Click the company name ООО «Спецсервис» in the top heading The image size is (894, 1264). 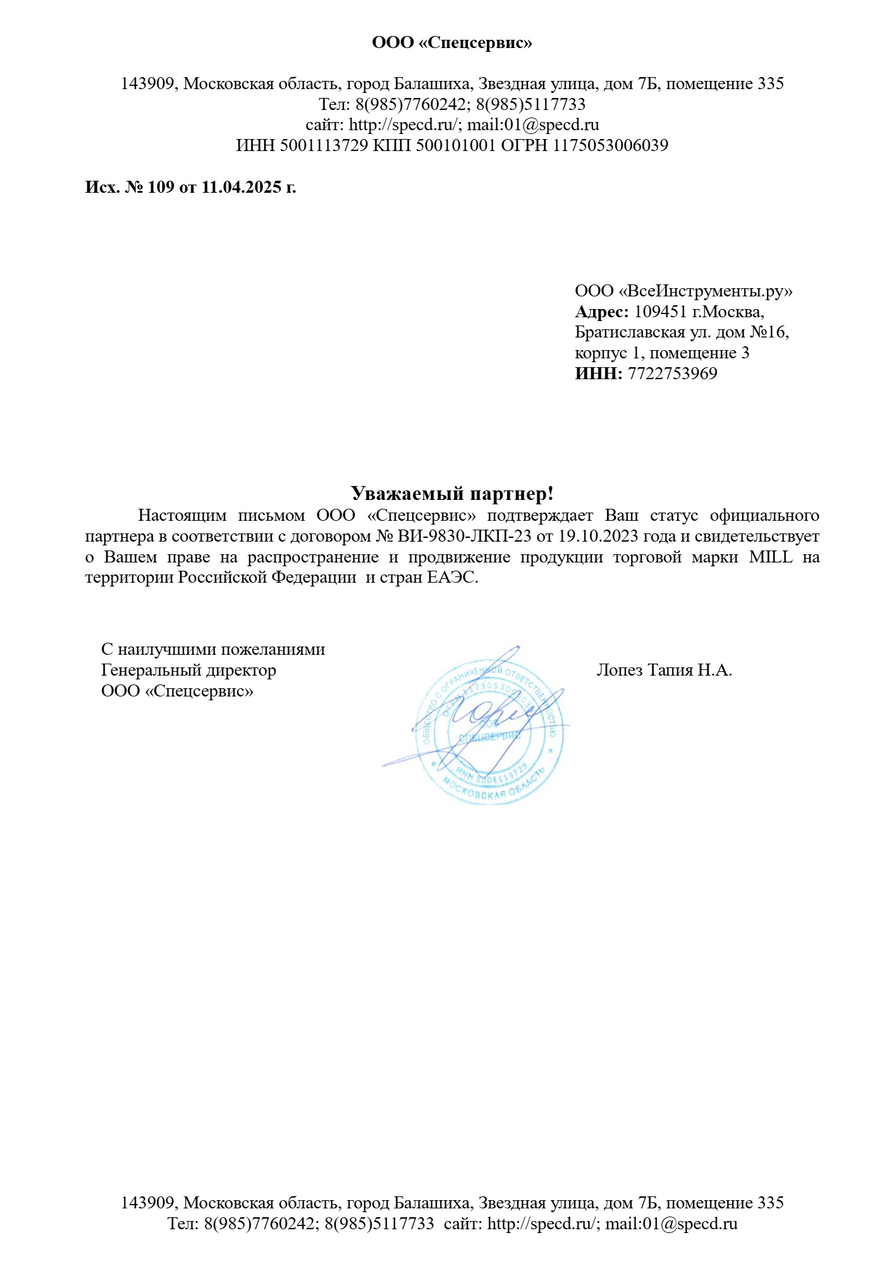click(x=452, y=43)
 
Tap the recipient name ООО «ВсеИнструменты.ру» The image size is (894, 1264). click(x=683, y=291)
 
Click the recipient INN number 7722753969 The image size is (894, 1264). click(x=672, y=374)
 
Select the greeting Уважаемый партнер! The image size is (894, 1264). click(x=452, y=494)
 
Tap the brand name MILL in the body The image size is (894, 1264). click(x=770, y=557)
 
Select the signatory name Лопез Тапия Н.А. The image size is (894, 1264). click(x=664, y=671)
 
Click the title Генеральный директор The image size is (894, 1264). click(x=188, y=671)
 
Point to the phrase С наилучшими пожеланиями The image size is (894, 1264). click(x=213, y=650)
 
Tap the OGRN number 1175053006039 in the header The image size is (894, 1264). click(x=611, y=146)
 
